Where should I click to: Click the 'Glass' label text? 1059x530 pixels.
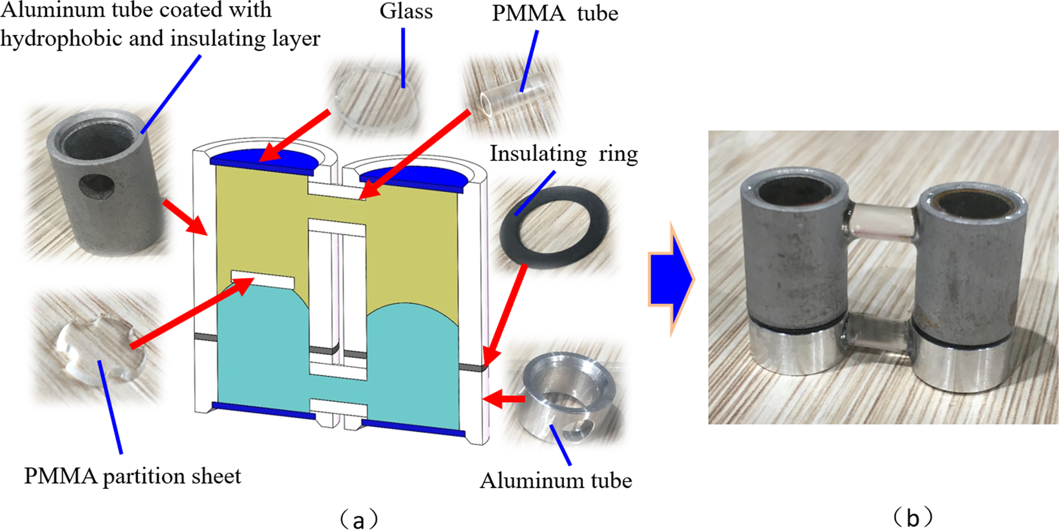tap(406, 12)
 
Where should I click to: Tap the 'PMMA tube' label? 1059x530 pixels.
tap(555, 14)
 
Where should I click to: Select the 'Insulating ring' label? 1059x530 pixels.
tap(563, 154)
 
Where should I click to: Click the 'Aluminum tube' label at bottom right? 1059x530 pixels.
tap(556, 480)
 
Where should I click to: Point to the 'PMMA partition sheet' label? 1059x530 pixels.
tap(133, 476)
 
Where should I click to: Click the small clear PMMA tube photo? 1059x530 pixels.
tap(509, 97)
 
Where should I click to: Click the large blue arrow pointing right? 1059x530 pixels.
tap(670, 279)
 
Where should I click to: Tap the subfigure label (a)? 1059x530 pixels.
tap(358, 518)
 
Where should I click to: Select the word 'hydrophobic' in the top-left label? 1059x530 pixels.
tap(62, 39)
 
